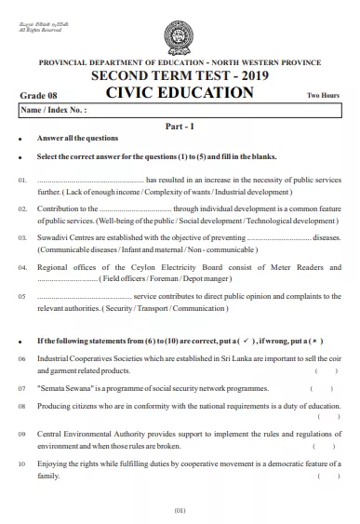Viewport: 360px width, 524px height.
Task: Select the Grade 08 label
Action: click(38, 96)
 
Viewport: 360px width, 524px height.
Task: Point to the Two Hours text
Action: click(323, 96)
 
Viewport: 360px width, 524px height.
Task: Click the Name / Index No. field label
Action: click(54, 110)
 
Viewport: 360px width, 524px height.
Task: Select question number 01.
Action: click(22, 177)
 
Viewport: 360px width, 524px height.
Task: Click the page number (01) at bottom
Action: click(180, 511)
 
